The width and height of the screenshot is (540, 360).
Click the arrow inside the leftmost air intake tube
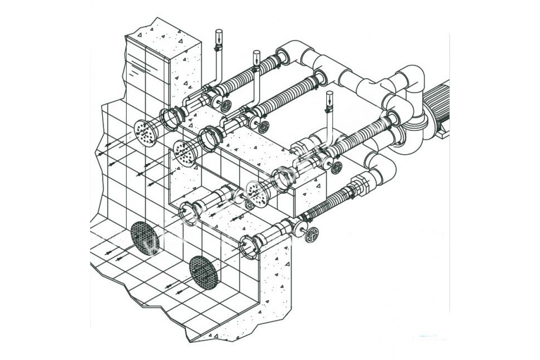click(x=219, y=36)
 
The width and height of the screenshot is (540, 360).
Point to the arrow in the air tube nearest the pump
click(x=329, y=98)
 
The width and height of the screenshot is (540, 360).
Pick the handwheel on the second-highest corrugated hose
click(x=264, y=126)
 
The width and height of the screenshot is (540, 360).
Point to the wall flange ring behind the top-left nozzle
click(x=171, y=119)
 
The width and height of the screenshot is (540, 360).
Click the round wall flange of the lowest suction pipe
click(x=249, y=246)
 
